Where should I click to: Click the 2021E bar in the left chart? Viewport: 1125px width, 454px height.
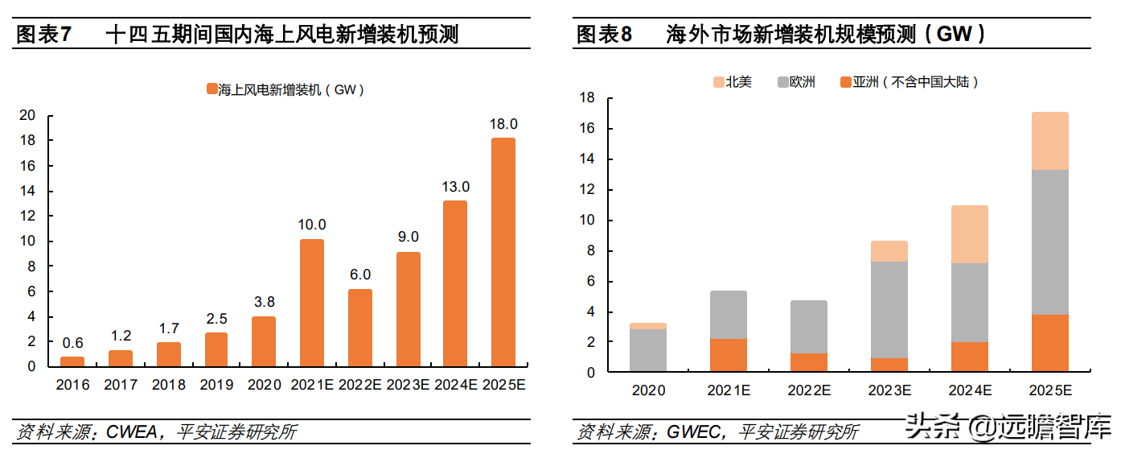coord(312,303)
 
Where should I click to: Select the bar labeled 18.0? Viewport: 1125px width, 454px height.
coord(503,252)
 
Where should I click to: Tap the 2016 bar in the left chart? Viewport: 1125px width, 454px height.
coord(72,361)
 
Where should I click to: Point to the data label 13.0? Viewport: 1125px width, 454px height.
coord(455,187)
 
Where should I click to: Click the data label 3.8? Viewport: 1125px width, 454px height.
coord(265,302)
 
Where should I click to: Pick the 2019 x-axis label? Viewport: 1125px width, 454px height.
coord(216,385)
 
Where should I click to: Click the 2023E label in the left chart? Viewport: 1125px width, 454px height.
coord(408,385)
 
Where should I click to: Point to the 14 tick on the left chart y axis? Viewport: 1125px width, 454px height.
coord(27,191)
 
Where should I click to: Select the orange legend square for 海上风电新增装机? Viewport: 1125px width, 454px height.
coord(212,89)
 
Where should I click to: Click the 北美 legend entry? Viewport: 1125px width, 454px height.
coord(733,82)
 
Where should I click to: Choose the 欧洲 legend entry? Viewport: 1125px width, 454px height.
coord(796,82)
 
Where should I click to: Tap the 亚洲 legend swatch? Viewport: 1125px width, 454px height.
coord(846,82)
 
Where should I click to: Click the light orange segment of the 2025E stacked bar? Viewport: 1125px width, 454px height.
coord(1049,141)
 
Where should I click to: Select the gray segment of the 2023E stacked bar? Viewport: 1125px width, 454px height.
coord(889,310)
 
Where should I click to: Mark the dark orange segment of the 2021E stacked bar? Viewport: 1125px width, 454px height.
coord(729,355)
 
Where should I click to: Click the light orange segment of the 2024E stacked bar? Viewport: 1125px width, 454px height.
coord(969,234)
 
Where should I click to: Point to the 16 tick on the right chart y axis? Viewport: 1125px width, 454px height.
coord(586,128)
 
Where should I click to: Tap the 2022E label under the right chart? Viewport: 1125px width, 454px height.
coord(809,390)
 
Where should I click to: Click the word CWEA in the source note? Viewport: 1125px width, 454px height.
coord(132,432)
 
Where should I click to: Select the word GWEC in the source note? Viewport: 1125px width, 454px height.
coord(693,432)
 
